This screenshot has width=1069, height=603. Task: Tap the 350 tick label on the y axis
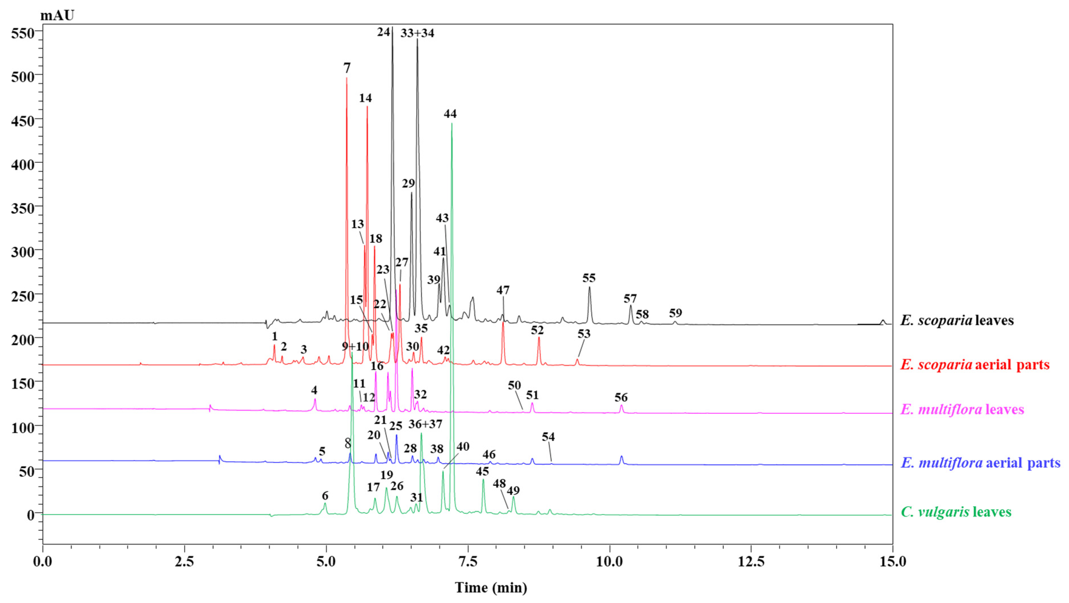22,208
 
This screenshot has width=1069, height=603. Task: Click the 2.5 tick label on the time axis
184,562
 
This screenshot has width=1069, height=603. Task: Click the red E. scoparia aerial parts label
974,364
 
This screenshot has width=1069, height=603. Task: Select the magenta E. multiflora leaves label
962,410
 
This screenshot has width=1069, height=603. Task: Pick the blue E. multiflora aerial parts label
981,462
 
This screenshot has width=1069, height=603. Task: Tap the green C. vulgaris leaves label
956,512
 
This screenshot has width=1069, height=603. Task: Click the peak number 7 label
347,68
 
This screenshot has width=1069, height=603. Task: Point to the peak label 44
450,114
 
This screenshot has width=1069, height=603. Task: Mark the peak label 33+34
417,33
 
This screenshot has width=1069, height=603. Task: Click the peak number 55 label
589,278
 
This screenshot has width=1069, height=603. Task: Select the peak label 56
621,398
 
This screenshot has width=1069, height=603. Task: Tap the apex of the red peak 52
539,338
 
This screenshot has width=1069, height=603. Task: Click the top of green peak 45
483,480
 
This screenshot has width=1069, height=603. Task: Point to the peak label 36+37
425,424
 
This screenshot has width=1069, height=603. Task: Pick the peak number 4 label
314,390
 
